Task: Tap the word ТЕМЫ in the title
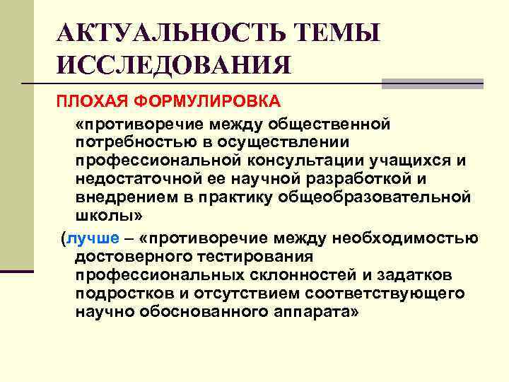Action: pyautogui.click(x=332, y=33)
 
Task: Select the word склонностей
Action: pyautogui.click(x=266, y=274)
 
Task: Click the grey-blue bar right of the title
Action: pyautogui.click(x=432, y=84)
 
